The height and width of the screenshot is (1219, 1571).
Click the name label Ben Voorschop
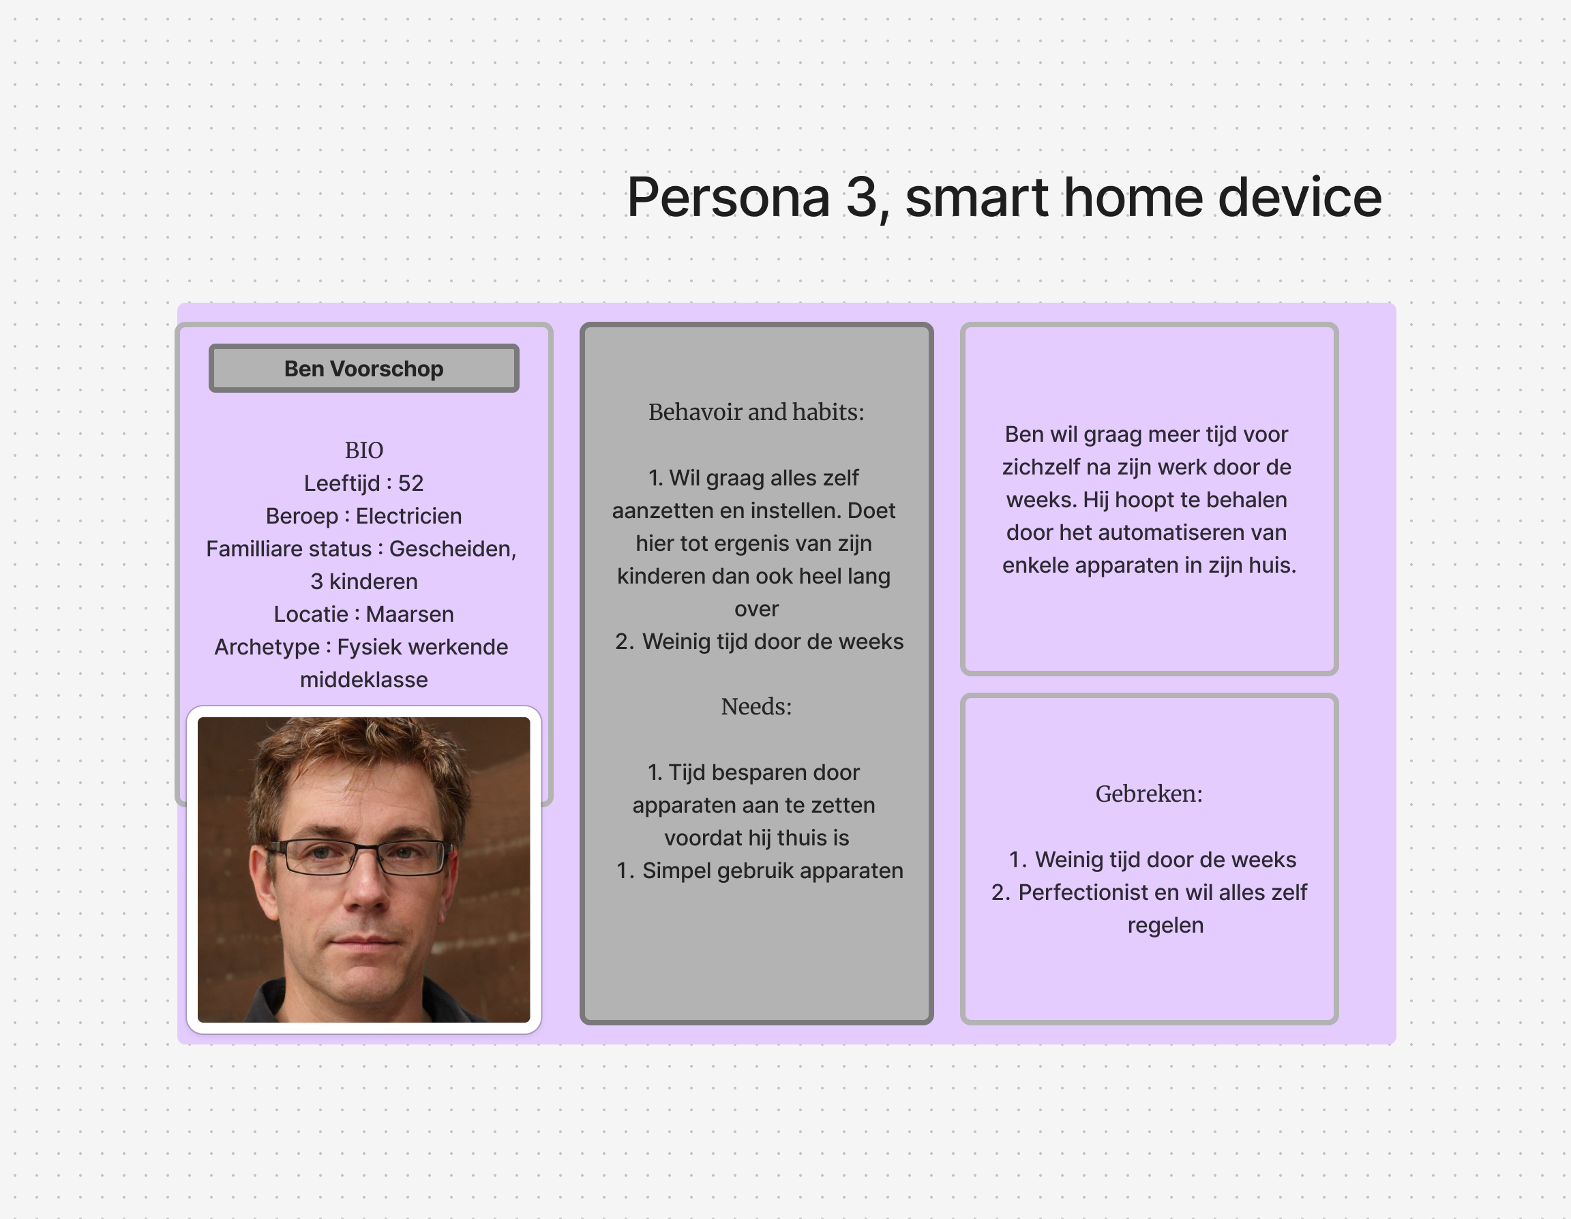pyautogui.click(x=364, y=369)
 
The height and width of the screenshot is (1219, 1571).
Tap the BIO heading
pyautogui.click(x=364, y=450)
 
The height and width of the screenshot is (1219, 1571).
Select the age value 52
pyautogui.click(x=410, y=483)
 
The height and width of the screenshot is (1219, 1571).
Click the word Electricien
pyautogui.click(x=408, y=515)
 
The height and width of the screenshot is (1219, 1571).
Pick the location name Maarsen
pyautogui.click(x=410, y=614)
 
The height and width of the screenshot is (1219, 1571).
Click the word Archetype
pyautogui.click(x=267, y=647)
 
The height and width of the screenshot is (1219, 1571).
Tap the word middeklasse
pyautogui.click(x=364, y=680)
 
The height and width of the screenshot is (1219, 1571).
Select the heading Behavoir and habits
pyautogui.click(x=756, y=412)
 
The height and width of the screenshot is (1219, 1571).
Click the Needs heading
pyautogui.click(x=756, y=706)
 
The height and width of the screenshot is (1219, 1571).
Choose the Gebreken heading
pyautogui.click(x=1149, y=794)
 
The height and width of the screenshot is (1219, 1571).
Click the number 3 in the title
pyautogui.click(x=862, y=197)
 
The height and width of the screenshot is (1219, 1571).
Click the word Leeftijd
pyautogui.click(x=342, y=483)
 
